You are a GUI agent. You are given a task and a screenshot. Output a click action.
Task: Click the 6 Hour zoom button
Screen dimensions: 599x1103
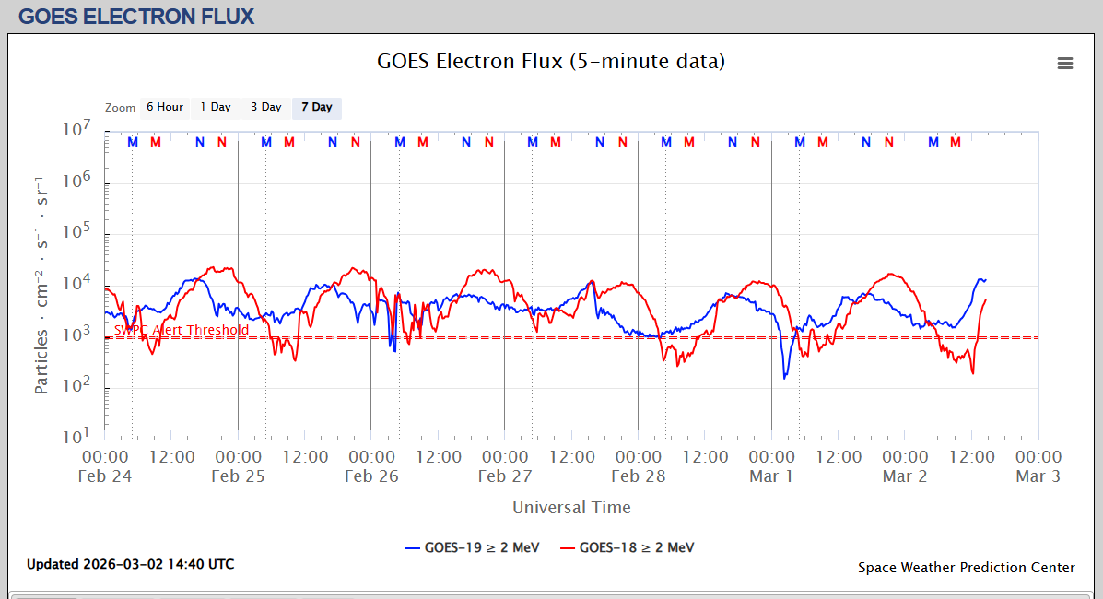point(164,108)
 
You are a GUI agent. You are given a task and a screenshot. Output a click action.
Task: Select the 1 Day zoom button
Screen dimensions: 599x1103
point(216,108)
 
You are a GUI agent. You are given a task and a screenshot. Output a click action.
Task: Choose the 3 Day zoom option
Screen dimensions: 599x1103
point(265,108)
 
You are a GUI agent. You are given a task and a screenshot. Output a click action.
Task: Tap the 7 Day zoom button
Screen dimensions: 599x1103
point(316,108)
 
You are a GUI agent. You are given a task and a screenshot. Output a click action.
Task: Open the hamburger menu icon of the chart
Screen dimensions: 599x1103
point(1065,63)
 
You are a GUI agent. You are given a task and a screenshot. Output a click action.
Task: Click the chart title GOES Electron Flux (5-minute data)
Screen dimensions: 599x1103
point(551,62)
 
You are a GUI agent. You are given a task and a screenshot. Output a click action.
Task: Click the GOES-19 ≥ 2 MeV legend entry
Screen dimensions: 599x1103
point(472,547)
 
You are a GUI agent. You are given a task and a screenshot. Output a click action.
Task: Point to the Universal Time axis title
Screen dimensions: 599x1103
point(571,507)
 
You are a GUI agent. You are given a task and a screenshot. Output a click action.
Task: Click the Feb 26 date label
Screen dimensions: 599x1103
point(371,476)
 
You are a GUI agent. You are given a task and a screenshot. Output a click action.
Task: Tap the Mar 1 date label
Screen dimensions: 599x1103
point(771,476)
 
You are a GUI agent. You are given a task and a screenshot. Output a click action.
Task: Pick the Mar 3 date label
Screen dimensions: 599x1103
point(1038,476)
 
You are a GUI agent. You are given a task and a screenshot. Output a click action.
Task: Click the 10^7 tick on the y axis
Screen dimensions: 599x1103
point(75,130)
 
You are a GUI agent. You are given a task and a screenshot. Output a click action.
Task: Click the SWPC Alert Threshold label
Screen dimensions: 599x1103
point(182,330)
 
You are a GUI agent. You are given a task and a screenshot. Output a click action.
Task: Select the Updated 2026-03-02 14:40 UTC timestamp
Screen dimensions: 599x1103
point(130,564)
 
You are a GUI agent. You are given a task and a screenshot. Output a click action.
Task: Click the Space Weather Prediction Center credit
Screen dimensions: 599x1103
point(966,568)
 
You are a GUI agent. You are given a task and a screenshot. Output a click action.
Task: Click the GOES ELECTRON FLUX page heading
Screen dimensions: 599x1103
point(136,16)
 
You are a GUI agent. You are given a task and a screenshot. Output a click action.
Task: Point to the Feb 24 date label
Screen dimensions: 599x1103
point(105,476)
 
